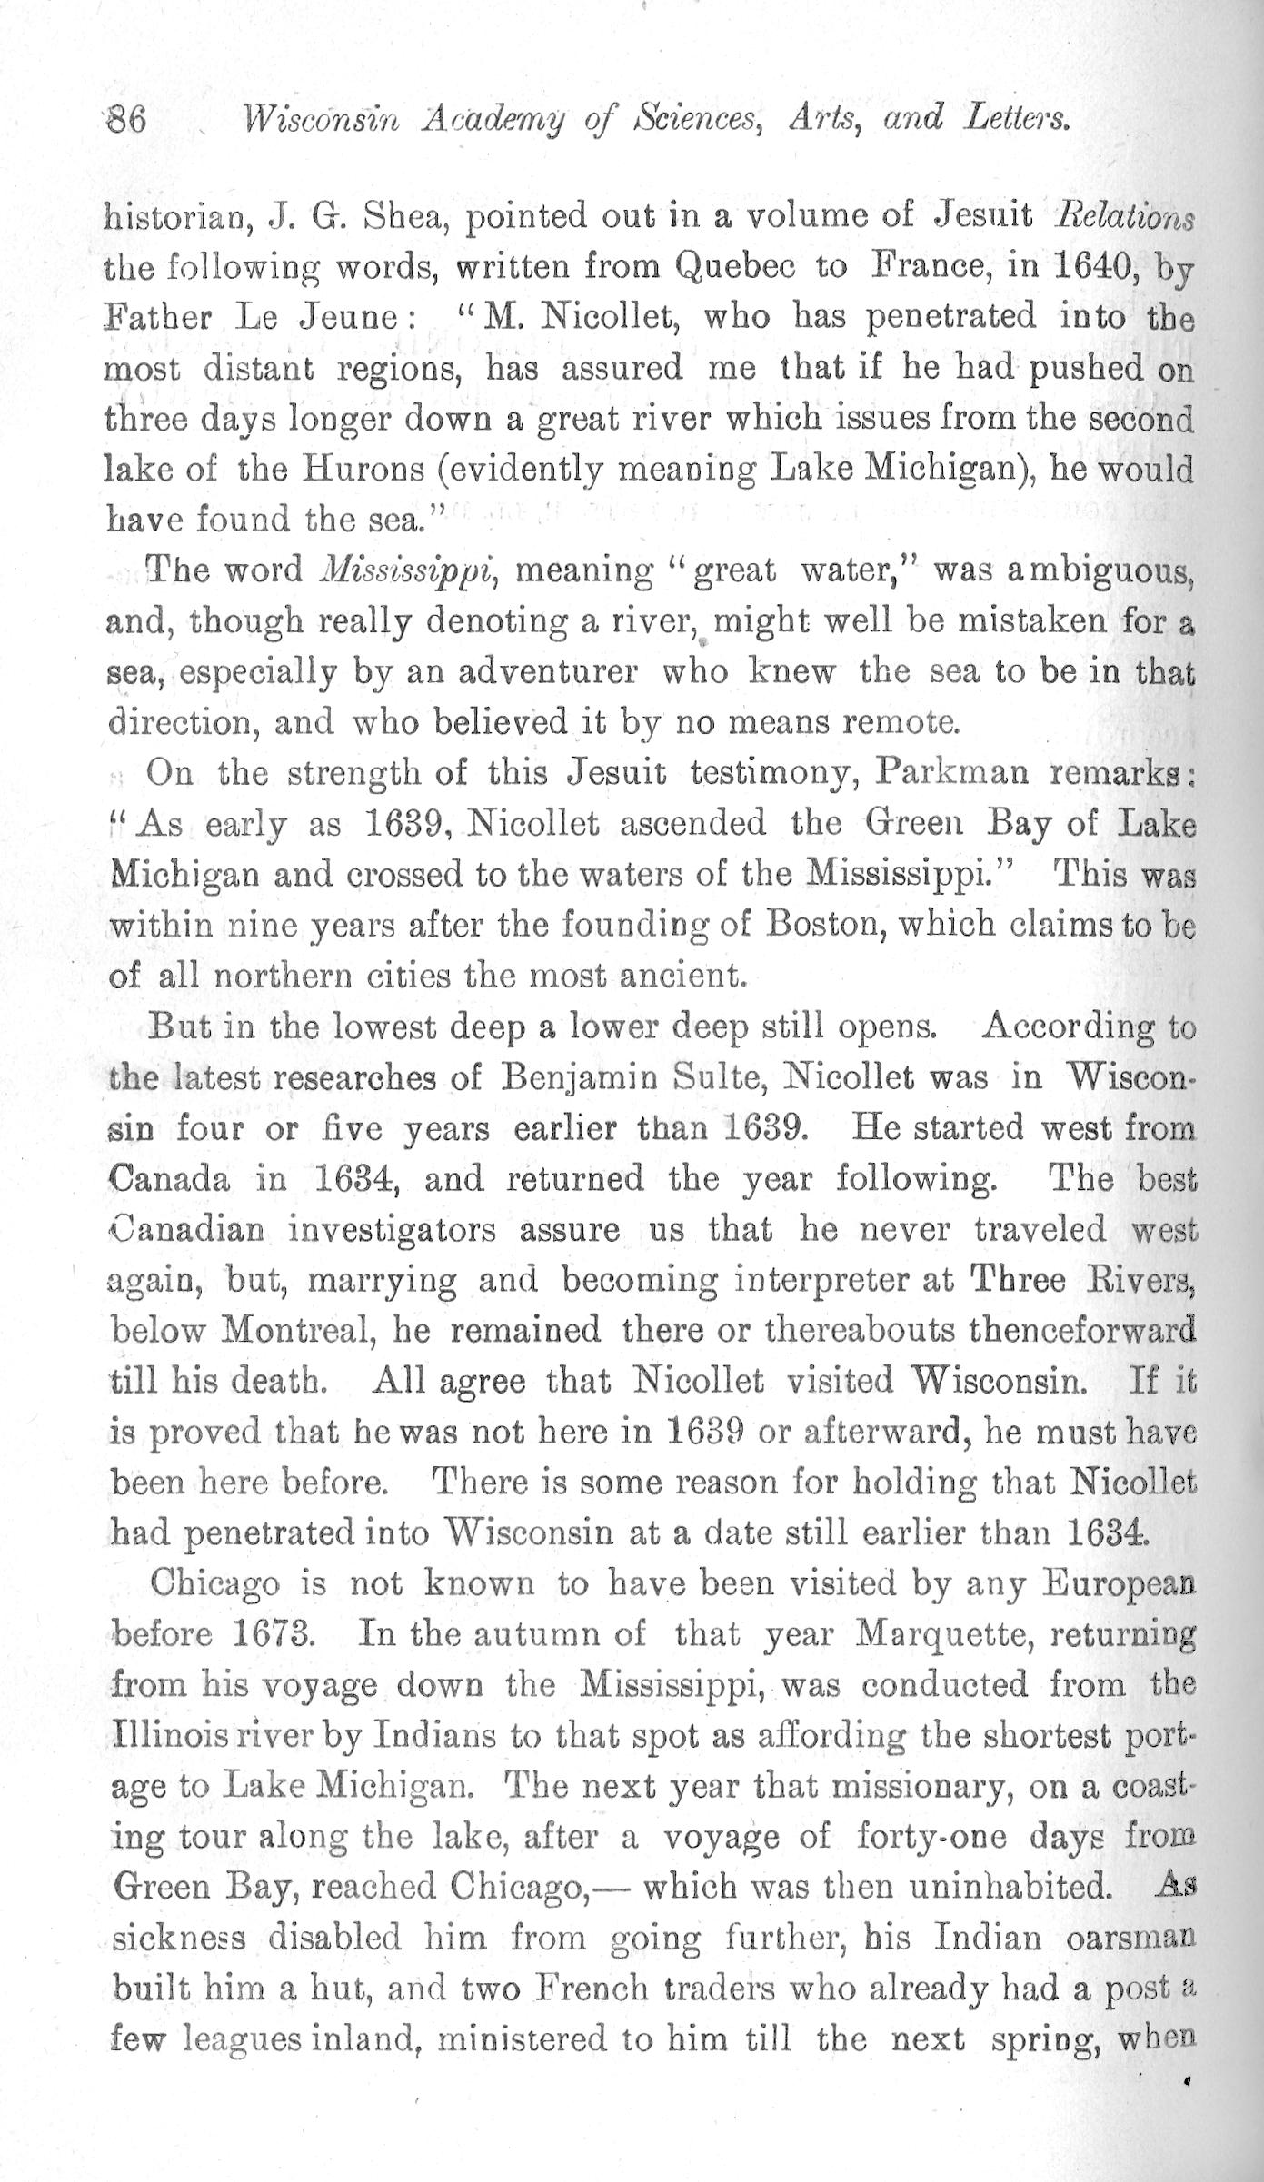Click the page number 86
coord(128,119)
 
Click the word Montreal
coord(294,1331)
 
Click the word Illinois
coord(168,1735)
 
